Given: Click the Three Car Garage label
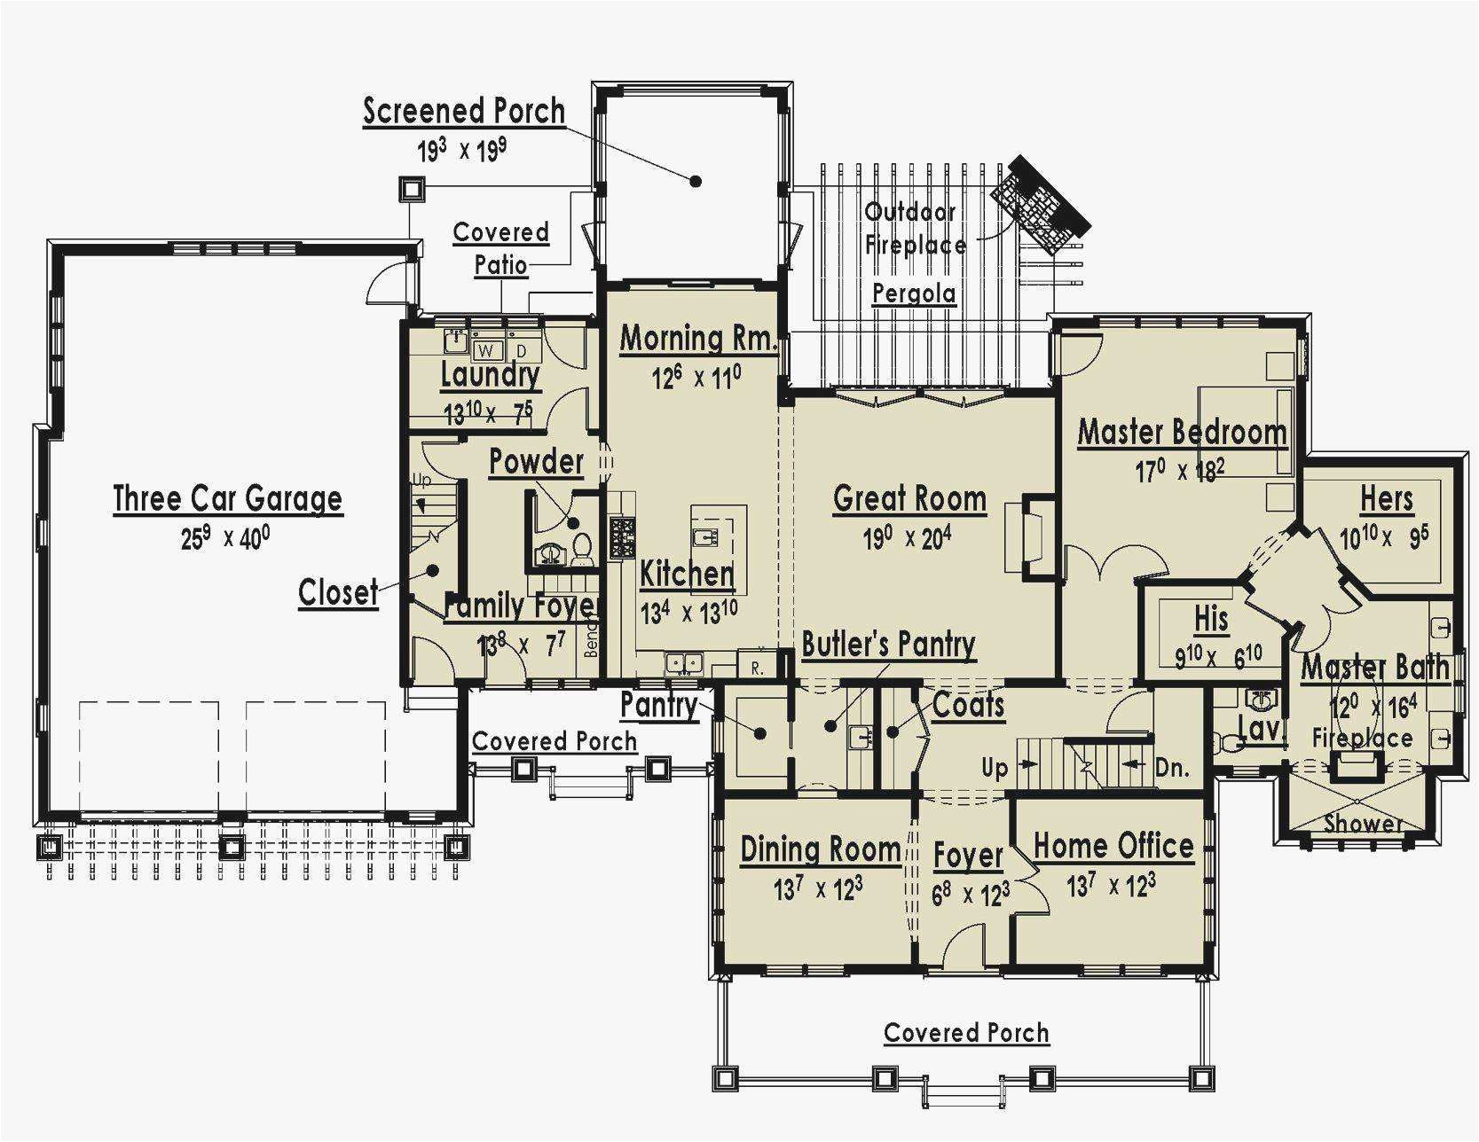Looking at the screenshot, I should click(227, 499).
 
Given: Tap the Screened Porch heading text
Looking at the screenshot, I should click(464, 112).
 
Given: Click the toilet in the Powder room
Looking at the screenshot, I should click(582, 550).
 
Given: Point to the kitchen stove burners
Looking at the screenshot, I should click(621, 538).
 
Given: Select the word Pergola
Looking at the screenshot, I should click(914, 293).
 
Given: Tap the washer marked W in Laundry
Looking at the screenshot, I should click(486, 350).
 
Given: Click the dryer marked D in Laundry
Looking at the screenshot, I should click(523, 351).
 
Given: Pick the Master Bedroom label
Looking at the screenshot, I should click(1182, 433).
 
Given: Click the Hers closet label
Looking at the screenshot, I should click(1387, 499).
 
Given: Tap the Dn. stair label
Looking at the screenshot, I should click(1173, 768).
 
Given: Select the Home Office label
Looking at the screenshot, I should click(1113, 846).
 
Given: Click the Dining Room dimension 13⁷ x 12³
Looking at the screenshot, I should click(818, 888).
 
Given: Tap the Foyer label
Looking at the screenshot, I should click(968, 856).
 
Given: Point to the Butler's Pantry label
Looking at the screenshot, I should click(888, 645).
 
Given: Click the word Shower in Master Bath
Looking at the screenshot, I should click(1363, 824).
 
